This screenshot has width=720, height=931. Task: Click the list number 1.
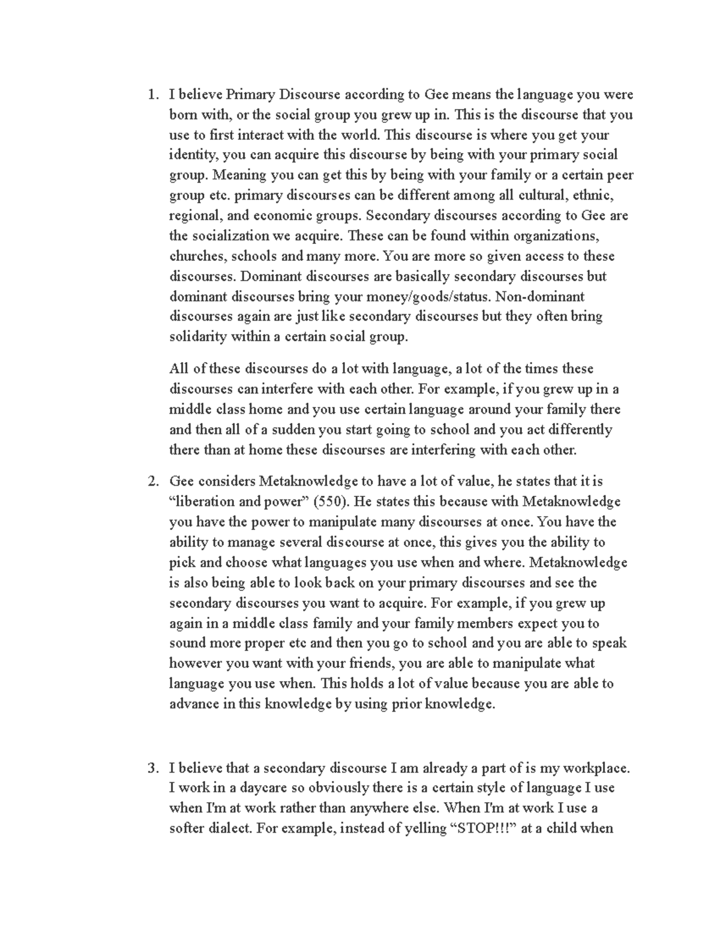153,95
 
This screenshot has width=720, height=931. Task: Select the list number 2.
153,481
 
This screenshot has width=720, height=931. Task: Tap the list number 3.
153,768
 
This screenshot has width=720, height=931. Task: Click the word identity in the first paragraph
194,155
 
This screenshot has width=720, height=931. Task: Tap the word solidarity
198,337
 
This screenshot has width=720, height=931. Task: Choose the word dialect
230,829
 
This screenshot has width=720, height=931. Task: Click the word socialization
230,236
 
